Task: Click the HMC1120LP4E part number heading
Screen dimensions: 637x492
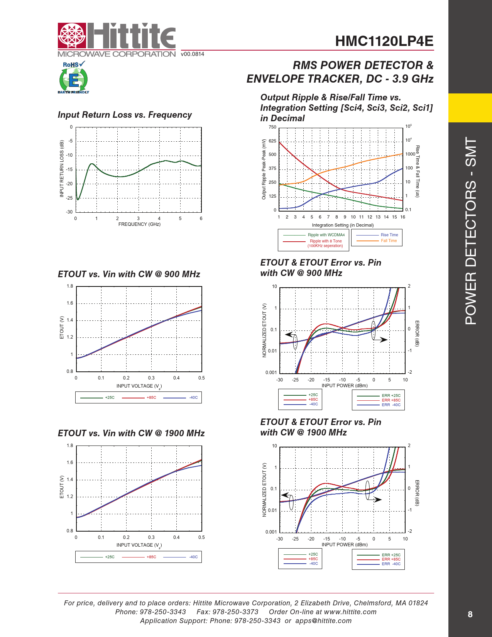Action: (x=384, y=41)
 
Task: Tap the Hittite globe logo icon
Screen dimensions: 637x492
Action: (x=71, y=36)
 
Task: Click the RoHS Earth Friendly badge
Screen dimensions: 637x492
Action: (x=73, y=78)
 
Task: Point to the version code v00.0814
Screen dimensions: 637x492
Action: (x=193, y=54)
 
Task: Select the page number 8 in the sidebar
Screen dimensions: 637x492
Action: (x=470, y=614)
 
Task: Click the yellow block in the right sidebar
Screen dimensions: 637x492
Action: (x=470, y=108)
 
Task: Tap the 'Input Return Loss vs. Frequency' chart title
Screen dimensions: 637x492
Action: (x=125, y=115)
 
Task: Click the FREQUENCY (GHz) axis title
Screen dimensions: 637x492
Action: (x=139, y=224)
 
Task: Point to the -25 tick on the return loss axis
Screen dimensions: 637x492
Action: (x=69, y=198)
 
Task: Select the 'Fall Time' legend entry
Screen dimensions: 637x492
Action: (x=389, y=241)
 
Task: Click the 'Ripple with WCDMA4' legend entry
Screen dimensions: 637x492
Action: (x=326, y=235)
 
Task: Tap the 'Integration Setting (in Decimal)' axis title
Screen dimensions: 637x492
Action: (x=343, y=225)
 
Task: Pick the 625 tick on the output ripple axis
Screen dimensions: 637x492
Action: (x=272, y=141)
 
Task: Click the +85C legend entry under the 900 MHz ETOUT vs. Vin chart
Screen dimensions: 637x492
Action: (x=151, y=398)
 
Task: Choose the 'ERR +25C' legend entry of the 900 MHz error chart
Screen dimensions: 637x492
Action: (x=391, y=396)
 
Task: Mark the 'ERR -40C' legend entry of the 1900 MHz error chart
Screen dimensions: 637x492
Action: (x=391, y=564)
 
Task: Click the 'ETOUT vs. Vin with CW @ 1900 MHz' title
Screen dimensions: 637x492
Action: (x=131, y=433)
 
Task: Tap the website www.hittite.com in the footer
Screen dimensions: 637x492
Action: (x=350, y=612)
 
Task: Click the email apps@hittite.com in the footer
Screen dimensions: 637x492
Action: (x=323, y=621)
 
